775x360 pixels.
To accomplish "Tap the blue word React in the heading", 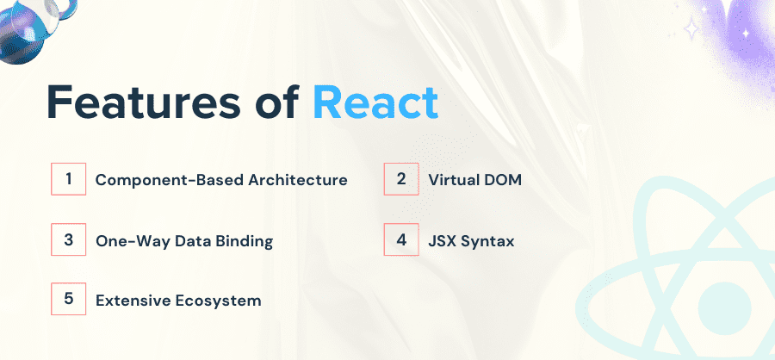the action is pyautogui.click(x=375, y=103).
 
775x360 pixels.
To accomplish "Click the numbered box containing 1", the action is pyautogui.click(x=68, y=179).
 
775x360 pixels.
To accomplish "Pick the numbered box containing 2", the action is pyautogui.click(x=401, y=179).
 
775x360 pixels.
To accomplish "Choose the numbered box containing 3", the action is pyautogui.click(x=68, y=239).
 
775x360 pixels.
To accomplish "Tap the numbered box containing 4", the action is pyautogui.click(x=401, y=239).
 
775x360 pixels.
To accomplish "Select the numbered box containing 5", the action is pyautogui.click(x=68, y=299).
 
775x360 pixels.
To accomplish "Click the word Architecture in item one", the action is pyautogui.click(x=298, y=180).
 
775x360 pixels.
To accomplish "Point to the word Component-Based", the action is pyautogui.click(x=169, y=180).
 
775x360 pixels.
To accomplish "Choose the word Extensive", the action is pyautogui.click(x=129, y=301).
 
